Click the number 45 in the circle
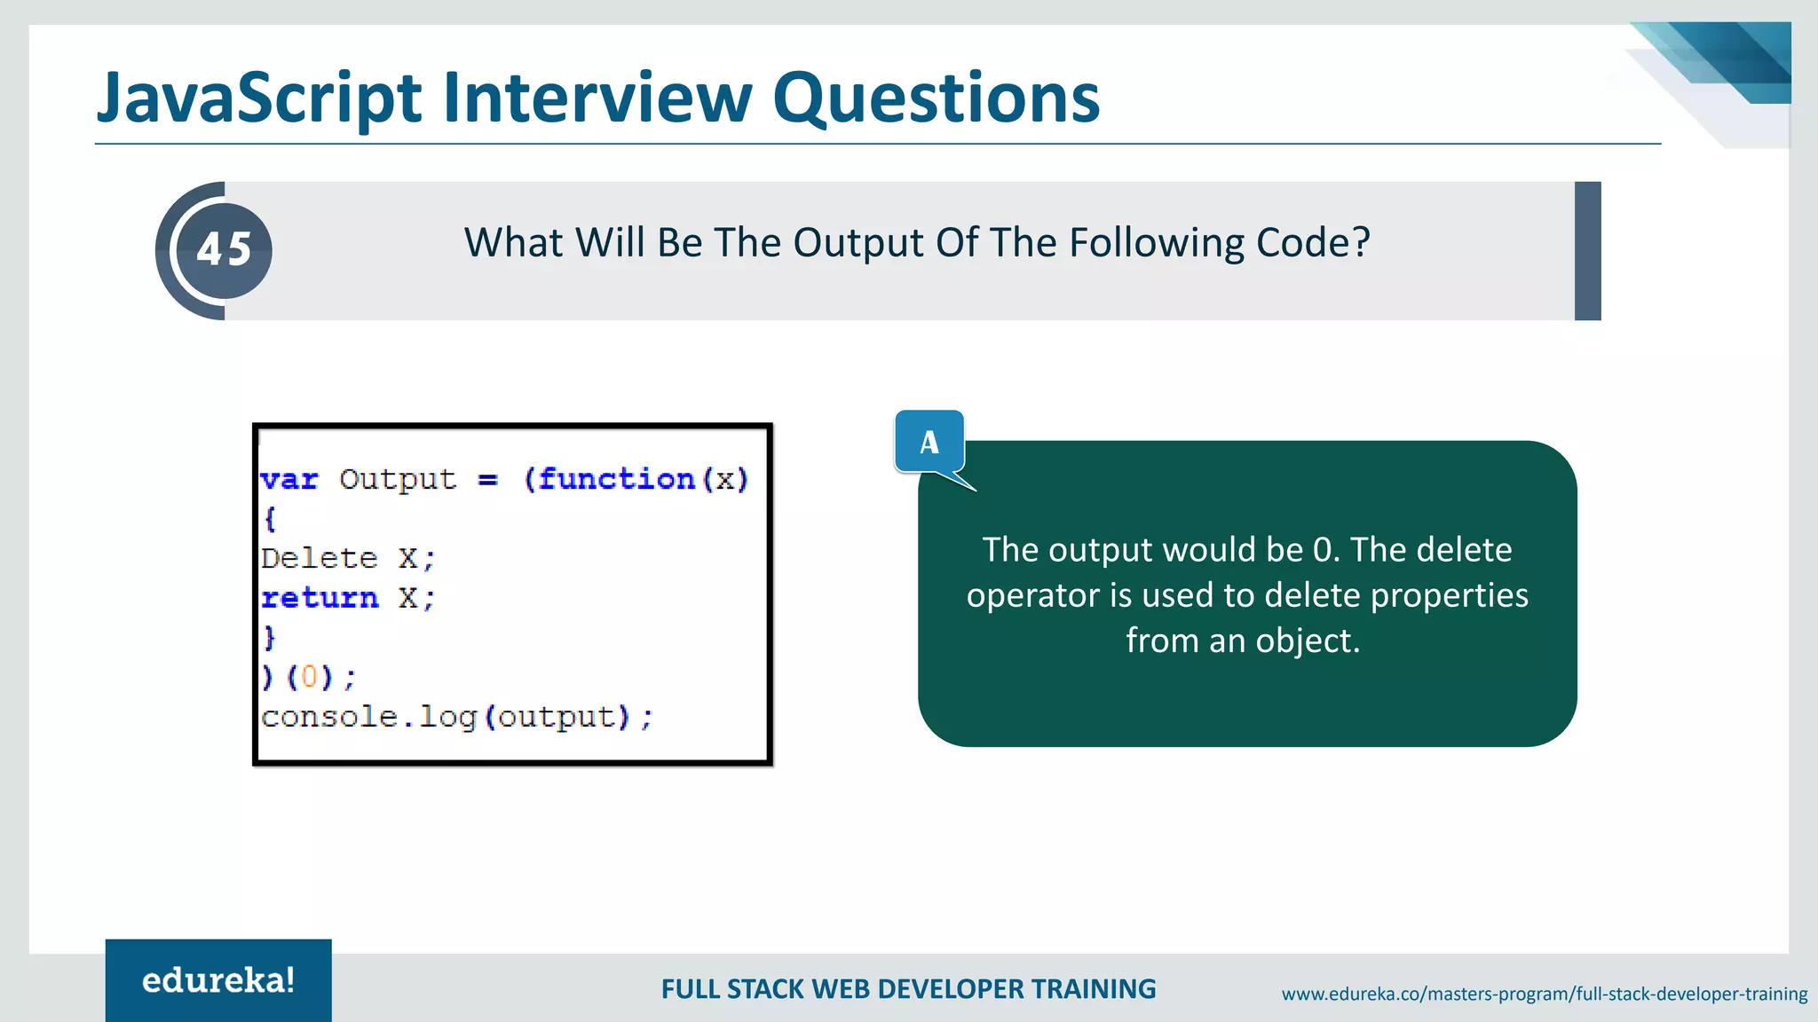pos(224,250)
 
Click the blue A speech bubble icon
pos(929,442)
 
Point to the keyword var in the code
pos(289,480)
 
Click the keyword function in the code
pos(616,479)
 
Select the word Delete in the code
pos(320,559)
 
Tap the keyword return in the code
pos(320,598)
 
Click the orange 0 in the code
pos(309,678)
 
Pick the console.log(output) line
pos(456,717)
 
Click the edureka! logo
pos(218,980)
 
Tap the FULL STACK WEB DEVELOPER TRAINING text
pos(908,989)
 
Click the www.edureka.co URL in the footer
pos(1544,994)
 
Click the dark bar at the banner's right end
pos(1587,251)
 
